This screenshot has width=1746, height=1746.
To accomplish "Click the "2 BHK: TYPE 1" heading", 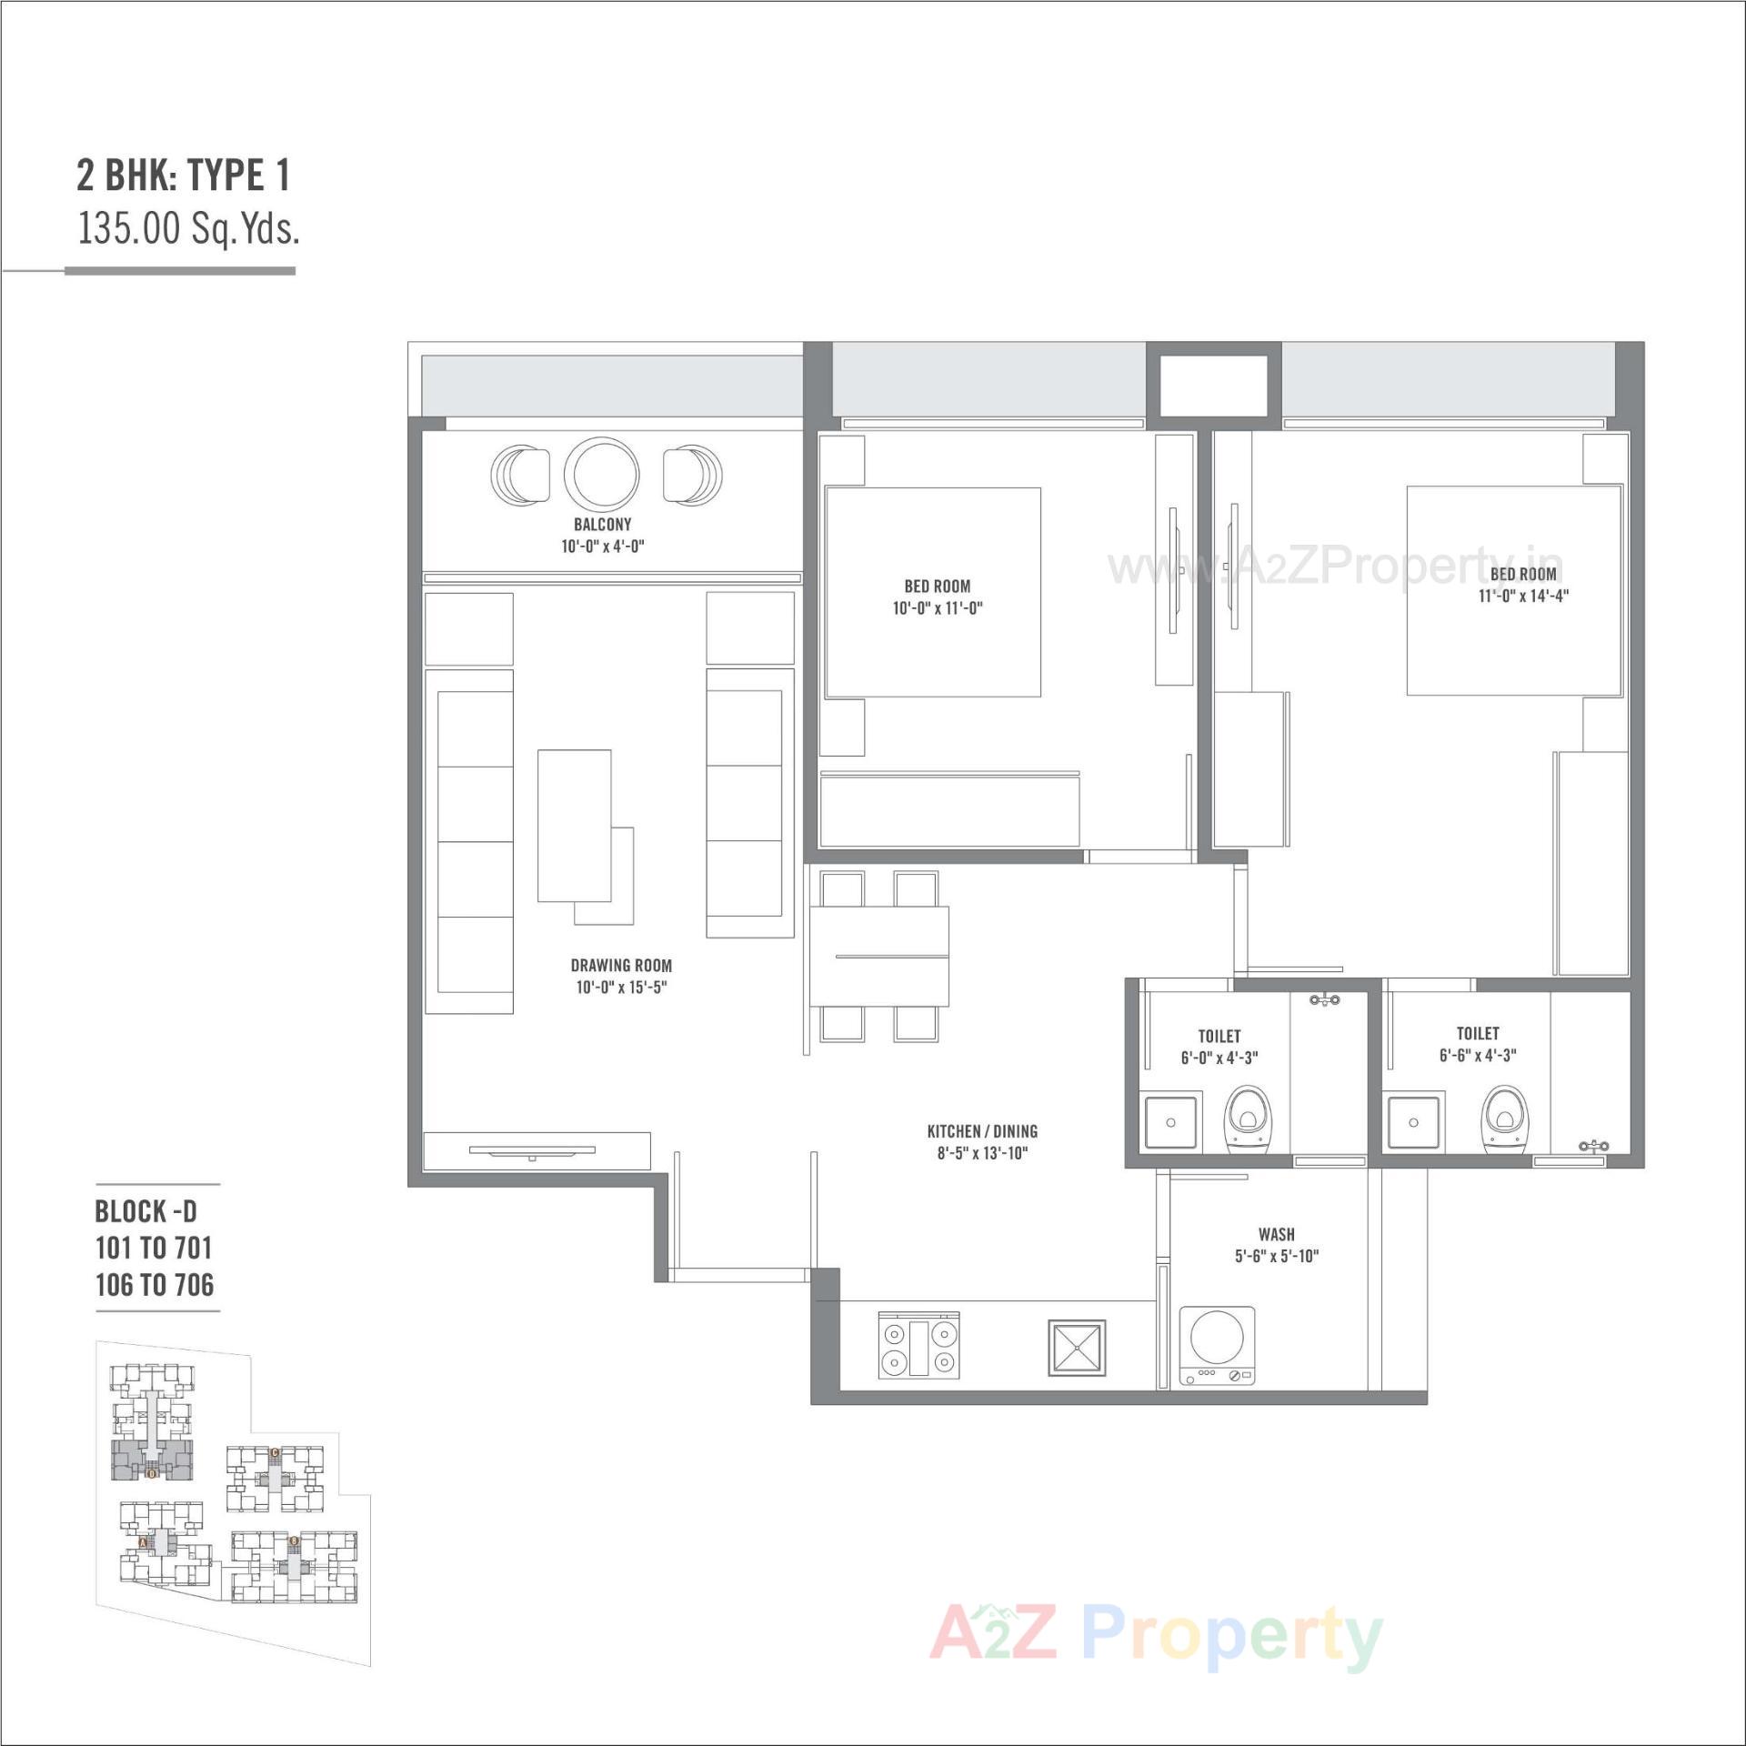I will click(x=184, y=176).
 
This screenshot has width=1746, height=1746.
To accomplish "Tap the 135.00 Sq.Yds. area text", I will click(x=188, y=228).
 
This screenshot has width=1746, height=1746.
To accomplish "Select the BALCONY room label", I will click(x=602, y=525).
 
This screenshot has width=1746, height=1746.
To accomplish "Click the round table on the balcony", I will click(x=601, y=475).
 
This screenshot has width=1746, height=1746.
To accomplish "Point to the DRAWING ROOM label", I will click(x=621, y=966).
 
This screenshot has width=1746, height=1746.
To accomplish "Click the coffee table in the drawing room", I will click(x=575, y=826).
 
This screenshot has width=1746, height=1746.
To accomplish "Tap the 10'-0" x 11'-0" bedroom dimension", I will click(x=938, y=608).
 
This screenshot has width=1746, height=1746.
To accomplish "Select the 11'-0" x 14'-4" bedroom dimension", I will click(x=1523, y=597).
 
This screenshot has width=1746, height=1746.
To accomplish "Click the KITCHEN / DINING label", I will click(x=982, y=1131).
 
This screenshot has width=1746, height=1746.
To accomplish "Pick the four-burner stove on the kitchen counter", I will click(x=918, y=1347).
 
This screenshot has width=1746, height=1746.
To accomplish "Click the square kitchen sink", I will click(x=1077, y=1347).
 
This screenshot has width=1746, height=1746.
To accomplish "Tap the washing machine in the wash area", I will click(x=1217, y=1346).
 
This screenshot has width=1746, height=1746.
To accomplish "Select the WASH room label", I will click(x=1277, y=1234).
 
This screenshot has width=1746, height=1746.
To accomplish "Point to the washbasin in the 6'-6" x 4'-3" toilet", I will click(x=1413, y=1122).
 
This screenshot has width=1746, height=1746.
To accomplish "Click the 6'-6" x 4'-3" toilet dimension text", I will click(x=1478, y=1056).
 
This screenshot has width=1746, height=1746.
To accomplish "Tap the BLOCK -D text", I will click(x=145, y=1211).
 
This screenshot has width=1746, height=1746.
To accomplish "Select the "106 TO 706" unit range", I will click(x=155, y=1285).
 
